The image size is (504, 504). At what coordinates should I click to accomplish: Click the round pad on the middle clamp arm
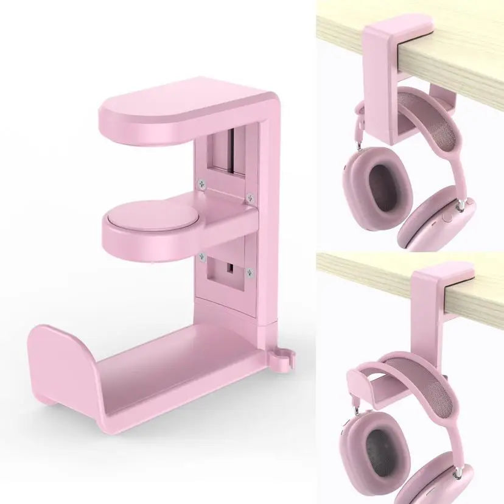click(142, 218)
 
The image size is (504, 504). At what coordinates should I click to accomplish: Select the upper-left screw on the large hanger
click(201, 181)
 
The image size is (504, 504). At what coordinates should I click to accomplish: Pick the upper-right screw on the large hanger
click(249, 196)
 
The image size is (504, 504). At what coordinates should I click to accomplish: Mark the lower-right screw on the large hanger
click(249, 272)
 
